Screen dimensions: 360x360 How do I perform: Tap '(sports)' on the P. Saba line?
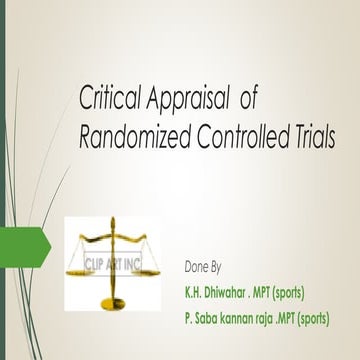pyautogui.click(x=336, y=319)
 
